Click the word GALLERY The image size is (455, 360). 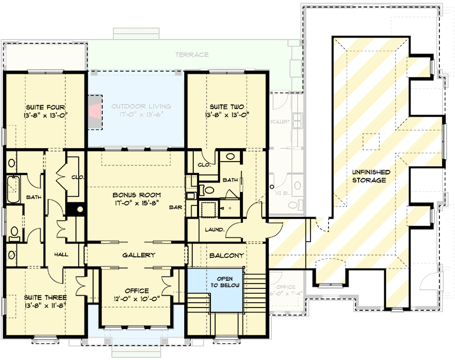[138, 255]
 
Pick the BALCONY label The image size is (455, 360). [227, 255]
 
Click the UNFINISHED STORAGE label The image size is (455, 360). [370, 177]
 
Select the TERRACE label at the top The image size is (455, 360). [191, 55]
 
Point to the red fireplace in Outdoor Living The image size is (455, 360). [95, 112]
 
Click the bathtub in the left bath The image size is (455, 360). [13, 189]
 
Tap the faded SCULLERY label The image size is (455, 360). [280, 122]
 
